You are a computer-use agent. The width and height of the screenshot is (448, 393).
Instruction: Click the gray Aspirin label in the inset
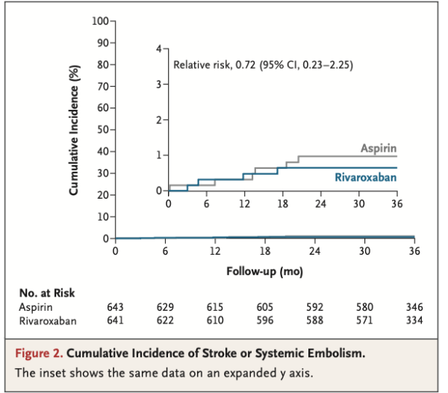click(x=379, y=149)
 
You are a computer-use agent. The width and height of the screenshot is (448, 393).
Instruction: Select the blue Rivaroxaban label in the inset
click(x=366, y=178)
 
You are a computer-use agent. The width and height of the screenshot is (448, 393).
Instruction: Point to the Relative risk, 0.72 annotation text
click(x=263, y=65)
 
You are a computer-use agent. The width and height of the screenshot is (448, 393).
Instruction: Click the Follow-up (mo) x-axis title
click(x=264, y=271)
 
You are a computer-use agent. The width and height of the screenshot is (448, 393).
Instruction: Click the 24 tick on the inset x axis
click(x=320, y=204)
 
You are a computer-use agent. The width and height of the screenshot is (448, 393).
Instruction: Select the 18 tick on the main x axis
click(x=264, y=252)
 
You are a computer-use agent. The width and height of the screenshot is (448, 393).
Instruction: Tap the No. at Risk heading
click(x=47, y=293)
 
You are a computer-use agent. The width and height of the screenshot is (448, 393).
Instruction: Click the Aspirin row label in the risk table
click(x=36, y=307)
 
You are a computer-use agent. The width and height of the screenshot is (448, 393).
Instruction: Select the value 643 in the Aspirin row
click(x=116, y=307)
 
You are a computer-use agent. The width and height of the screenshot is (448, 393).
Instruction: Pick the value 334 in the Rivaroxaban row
click(x=414, y=321)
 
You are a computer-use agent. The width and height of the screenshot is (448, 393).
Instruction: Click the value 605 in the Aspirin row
click(x=265, y=307)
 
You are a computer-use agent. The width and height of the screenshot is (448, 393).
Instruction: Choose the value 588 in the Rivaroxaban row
click(x=314, y=321)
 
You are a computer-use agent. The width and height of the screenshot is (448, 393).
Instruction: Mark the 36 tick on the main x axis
click(x=414, y=252)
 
